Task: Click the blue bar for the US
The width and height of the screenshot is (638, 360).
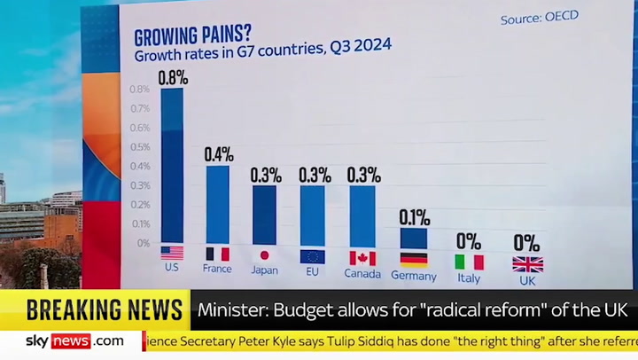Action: (172, 165)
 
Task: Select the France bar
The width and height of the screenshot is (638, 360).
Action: (217, 204)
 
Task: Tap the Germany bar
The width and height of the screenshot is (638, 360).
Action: (413, 239)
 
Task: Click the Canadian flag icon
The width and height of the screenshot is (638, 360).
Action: (362, 258)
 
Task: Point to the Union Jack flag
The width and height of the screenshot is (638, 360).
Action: (527, 264)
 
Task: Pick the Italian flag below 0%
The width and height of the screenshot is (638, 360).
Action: (469, 262)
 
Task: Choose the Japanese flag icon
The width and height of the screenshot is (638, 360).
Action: (264, 254)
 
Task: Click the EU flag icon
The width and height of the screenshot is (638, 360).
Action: (312, 257)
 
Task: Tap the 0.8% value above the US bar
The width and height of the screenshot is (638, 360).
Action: (173, 78)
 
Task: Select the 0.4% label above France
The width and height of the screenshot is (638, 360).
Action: (219, 154)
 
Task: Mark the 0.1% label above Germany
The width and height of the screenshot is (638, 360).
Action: (414, 217)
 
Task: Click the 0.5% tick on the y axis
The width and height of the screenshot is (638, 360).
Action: (139, 146)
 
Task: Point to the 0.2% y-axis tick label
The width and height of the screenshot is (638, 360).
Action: (139, 204)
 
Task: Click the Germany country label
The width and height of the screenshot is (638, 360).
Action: (414, 277)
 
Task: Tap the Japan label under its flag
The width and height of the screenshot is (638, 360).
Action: (264, 270)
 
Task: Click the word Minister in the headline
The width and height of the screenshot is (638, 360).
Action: (228, 310)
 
